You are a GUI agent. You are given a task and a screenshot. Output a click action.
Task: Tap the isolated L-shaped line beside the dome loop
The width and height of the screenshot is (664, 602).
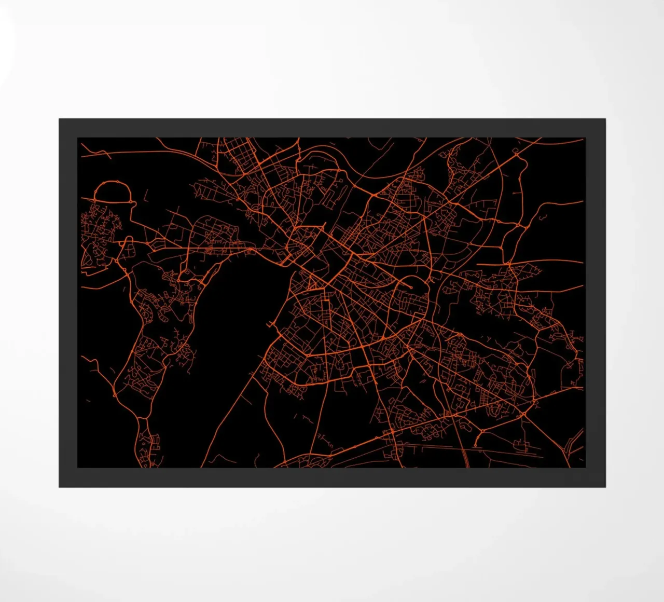point(145,196)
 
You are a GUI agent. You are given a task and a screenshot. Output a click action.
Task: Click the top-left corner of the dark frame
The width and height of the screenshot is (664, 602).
point(60,119)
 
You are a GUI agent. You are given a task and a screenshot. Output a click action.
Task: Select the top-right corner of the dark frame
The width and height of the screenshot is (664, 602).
point(605,119)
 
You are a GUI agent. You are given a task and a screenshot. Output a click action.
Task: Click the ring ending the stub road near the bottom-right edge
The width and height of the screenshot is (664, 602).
point(476,445)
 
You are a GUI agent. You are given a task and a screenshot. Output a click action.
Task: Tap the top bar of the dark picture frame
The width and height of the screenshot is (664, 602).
point(332,128)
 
